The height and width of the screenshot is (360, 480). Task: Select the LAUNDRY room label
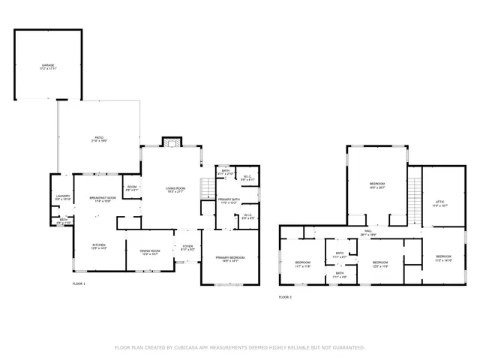(x=63, y=196)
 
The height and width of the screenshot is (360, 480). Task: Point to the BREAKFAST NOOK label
(x=100, y=198)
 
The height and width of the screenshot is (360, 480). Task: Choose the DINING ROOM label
(x=151, y=250)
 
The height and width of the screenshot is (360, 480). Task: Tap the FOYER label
(x=187, y=244)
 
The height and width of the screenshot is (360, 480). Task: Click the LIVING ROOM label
(x=175, y=188)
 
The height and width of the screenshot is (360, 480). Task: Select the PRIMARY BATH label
(x=228, y=199)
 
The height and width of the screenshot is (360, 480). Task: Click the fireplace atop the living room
(x=172, y=143)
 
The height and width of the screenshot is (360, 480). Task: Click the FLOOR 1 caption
(x=79, y=284)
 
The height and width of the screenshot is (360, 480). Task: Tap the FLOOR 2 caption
(x=285, y=297)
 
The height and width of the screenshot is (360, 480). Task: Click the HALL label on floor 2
(x=367, y=231)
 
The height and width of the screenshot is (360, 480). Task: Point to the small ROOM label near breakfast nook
(x=131, y=187)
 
